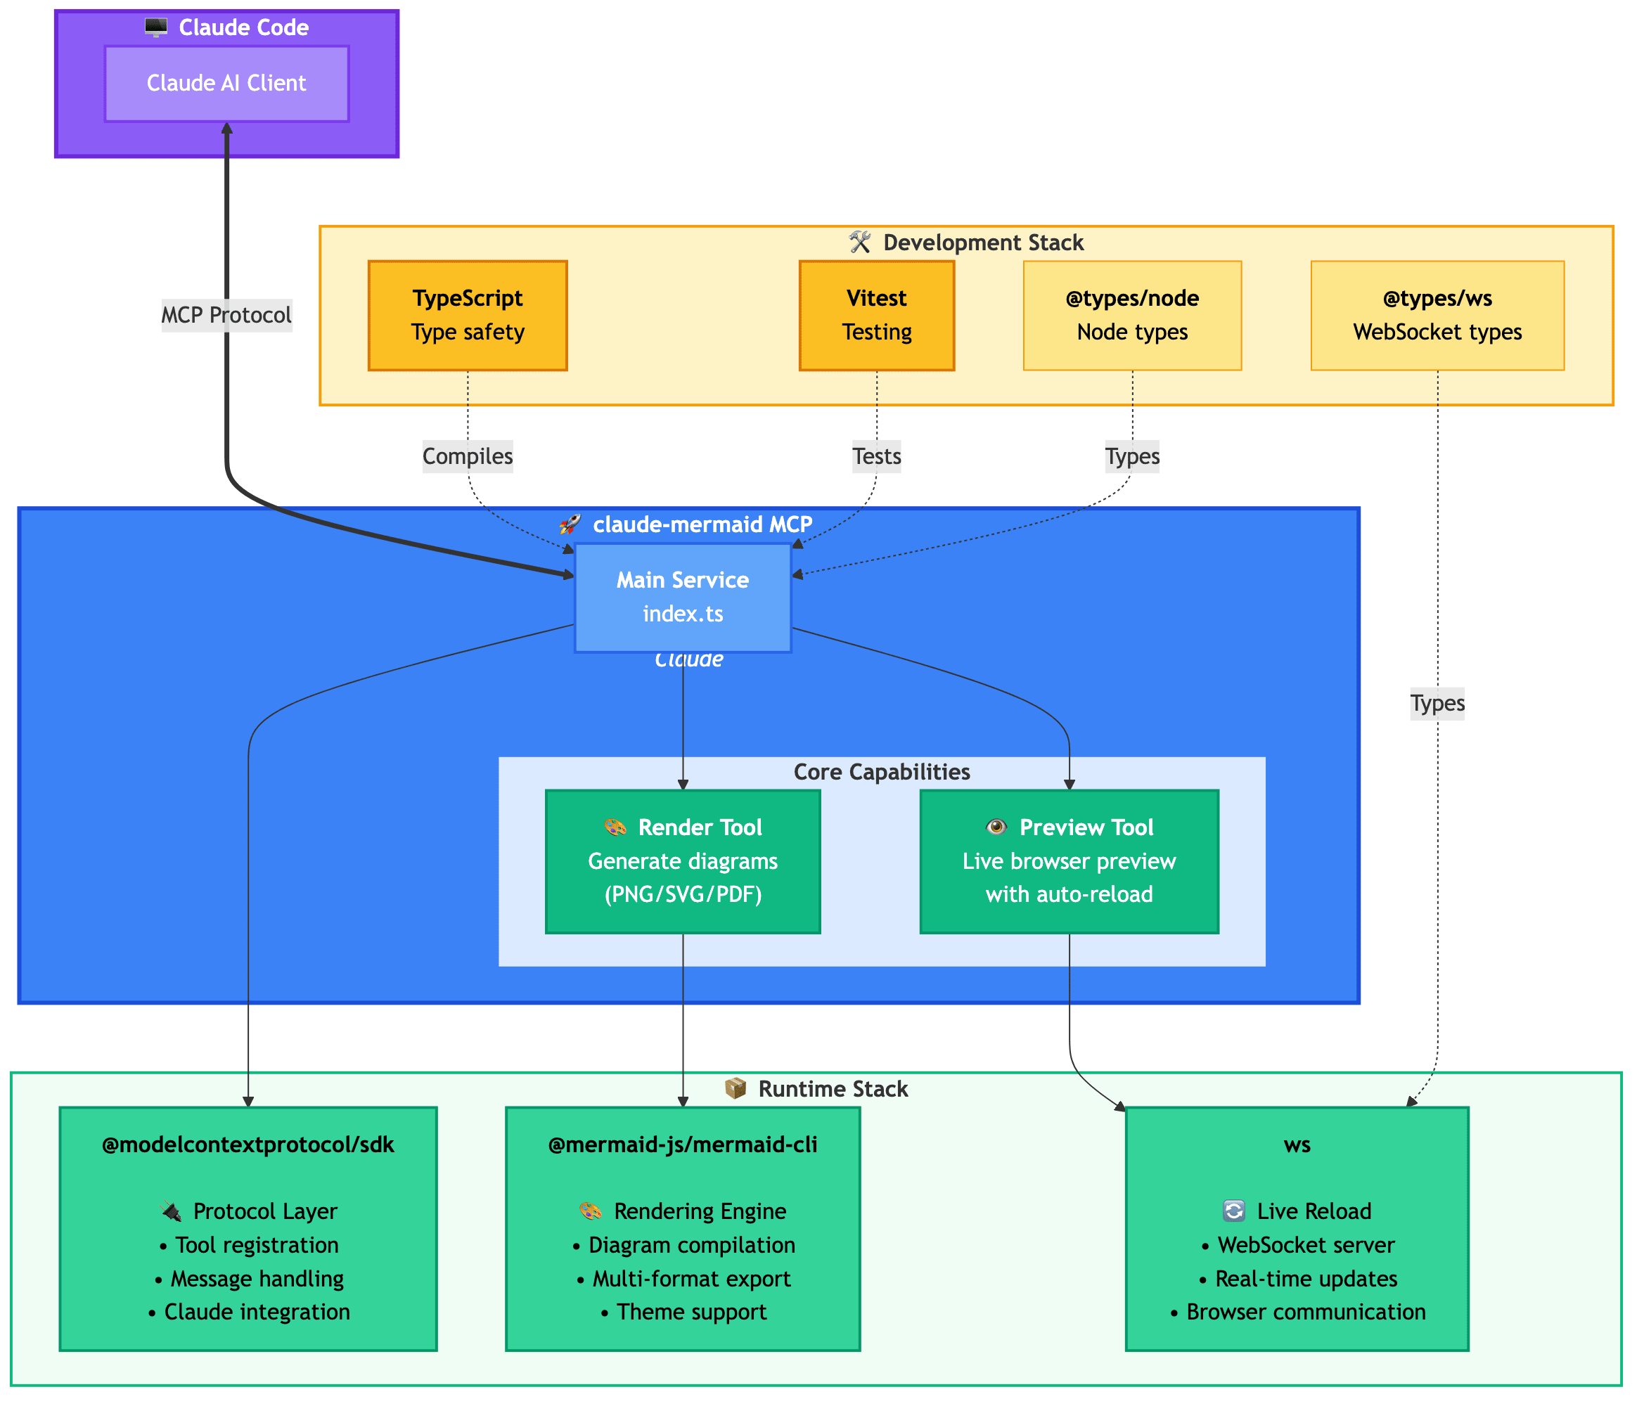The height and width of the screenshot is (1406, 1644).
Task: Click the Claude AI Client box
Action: click(x=226, y=84)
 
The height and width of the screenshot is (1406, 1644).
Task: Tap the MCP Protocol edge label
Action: click(x=226, y=315)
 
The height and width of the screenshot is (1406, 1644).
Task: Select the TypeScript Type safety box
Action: click(x=468, y=315)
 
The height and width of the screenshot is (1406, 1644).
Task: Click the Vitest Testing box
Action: click(x=876, y=315)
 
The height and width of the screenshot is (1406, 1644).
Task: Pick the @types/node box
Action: click(x=1131, y=315)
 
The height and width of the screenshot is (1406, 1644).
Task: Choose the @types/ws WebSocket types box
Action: click(x=1436, y=315)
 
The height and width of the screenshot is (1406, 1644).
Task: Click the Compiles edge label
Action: click(x=468, y=456)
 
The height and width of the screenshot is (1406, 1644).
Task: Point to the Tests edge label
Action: click(x=876, y=456)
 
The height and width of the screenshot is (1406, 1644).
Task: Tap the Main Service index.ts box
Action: click(x=682, y=597)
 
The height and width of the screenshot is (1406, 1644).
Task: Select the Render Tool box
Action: click(x=682, y=861)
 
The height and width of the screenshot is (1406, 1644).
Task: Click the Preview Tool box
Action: click(x=1068, y=861)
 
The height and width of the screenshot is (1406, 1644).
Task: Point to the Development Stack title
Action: click(x=982, y=243)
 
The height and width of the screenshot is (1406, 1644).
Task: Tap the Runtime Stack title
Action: click(x=833, y=1089)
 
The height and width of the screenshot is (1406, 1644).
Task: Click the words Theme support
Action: click(x=691, y=1312)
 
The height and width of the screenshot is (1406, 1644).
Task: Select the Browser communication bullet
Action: click(x=1305, y=1312)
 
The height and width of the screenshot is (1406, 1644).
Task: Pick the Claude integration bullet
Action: click(x=256, y=1312)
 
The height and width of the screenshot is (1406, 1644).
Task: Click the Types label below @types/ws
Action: click(x=1436, y=703)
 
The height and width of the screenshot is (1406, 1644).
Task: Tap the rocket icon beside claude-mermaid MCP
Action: click(x=570, y=524)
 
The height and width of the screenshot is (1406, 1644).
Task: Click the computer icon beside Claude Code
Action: click(x=156, y=28)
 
